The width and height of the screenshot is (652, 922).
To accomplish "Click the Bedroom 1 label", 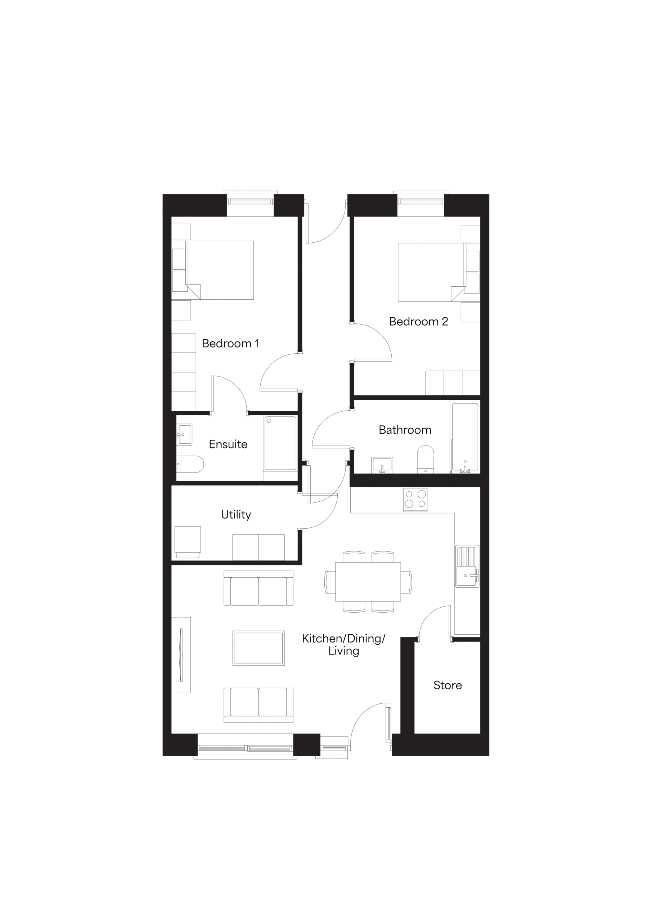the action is click(230, 343).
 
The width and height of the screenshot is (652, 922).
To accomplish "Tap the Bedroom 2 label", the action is click(418, 321).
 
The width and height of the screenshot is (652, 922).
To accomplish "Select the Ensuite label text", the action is click(228, 444).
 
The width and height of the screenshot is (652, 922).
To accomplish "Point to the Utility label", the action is click(236, 515).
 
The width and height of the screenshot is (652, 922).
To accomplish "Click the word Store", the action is click(448, 685).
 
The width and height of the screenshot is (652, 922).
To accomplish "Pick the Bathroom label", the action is click(405, 430).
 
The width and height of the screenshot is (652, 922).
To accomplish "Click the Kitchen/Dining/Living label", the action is click(344, 645).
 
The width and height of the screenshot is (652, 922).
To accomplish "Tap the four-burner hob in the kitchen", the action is click(415, 500).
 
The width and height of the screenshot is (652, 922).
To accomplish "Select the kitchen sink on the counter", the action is click(467, 566).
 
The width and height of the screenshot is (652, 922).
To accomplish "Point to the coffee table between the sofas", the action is click(258, 648).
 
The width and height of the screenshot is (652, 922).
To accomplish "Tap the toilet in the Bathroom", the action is click(426, 459).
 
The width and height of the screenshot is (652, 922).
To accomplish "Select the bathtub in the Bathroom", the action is click(465, 437).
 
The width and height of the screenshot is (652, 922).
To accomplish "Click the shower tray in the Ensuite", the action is click(280, 443).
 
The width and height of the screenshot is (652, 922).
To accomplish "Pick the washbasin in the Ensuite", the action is click(184, 434).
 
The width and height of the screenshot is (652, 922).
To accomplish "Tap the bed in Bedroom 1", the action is click(220, 270).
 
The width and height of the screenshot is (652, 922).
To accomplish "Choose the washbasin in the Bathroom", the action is click(382, 465).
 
